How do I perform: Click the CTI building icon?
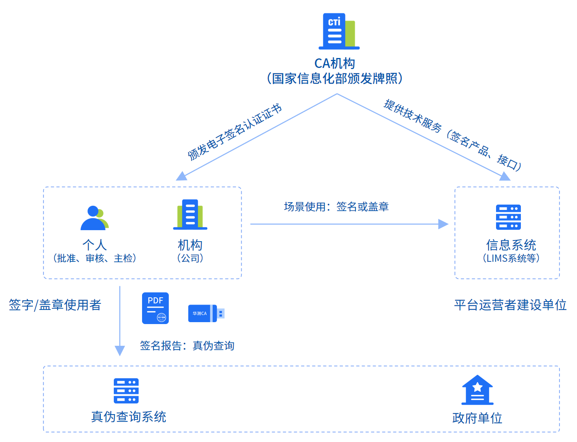coord(339,32)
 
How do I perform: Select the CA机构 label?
coord(335,63)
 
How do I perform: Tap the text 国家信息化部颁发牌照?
coord(335,79)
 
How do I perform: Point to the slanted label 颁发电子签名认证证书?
coord(234,132)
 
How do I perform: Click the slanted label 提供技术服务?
coord(412,116)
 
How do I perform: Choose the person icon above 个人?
coord(94,218)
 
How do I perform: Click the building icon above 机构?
coord(190,215)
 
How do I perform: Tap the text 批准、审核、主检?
coord(95,258)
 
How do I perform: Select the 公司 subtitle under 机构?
coord(190,258)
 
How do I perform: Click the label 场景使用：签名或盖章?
coord(336,207)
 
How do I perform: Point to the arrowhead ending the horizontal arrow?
coord(443,224)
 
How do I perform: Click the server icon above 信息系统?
coord(508,217)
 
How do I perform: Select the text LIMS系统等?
coord(511,258)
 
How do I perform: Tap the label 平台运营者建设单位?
coord(510,305)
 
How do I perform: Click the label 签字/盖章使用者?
coord(55,305)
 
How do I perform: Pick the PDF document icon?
coord(155,308)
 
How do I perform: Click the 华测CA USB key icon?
coord(206,313)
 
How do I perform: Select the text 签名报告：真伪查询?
coord(187,346)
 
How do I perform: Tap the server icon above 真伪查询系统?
coord(126,391)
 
